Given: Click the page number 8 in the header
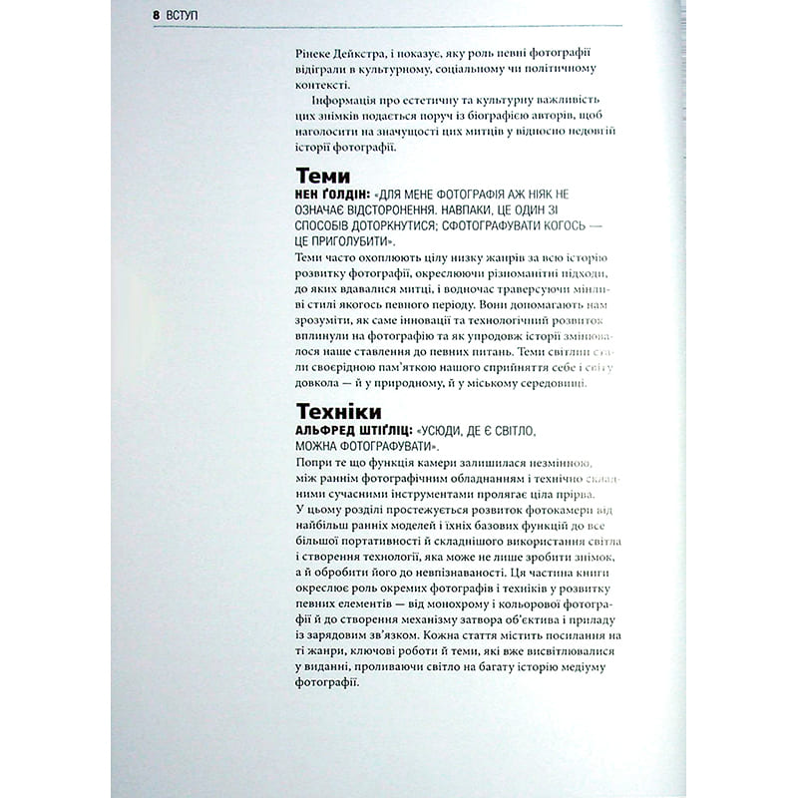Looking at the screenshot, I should (158, 17).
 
